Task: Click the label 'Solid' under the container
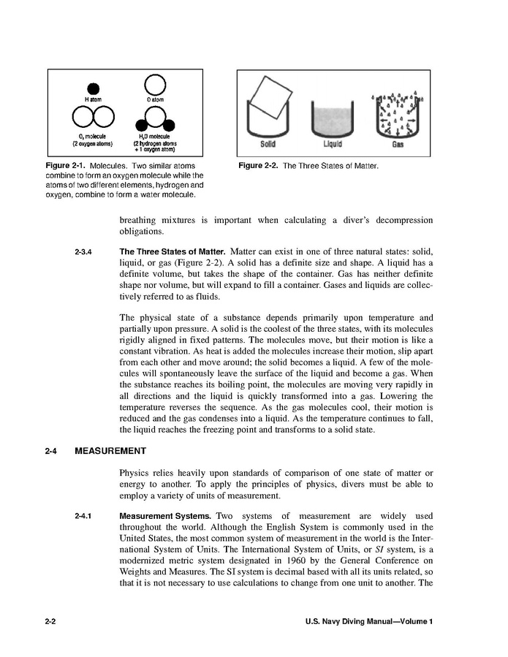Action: pos(268,144)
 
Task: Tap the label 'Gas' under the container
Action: pos(398,144)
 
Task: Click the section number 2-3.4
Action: pos(83,252)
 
